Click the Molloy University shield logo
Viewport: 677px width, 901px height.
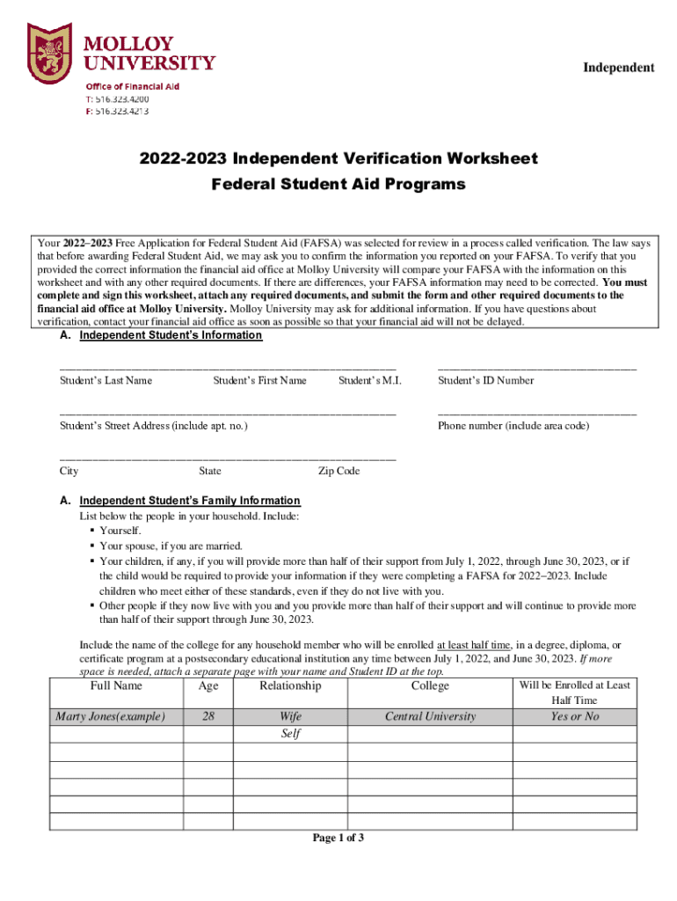pos(49,54)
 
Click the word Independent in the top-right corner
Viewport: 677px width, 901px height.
pos(619,68)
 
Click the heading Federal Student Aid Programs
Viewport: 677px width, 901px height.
pos(338,185)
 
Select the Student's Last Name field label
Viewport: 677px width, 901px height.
pos(106,380)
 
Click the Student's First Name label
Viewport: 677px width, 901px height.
pos(259,380)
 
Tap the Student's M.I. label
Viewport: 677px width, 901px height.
pos(369,380)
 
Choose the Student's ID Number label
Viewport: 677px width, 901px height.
pos(485,380)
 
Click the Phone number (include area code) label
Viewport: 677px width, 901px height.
pos(513,426)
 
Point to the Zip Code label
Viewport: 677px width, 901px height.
pos(338,471)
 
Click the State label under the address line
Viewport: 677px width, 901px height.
pos(210,471)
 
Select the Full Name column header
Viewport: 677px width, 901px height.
pos(115,685)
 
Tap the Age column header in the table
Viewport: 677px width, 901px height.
pos(208,685)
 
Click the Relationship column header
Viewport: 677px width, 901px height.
pos(290,685)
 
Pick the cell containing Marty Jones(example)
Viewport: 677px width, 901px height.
pos(110,716)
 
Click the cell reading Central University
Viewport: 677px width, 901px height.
pos(430,716)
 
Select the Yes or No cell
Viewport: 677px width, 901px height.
pos(574,716)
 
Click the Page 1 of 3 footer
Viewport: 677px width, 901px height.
pos(338,838)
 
